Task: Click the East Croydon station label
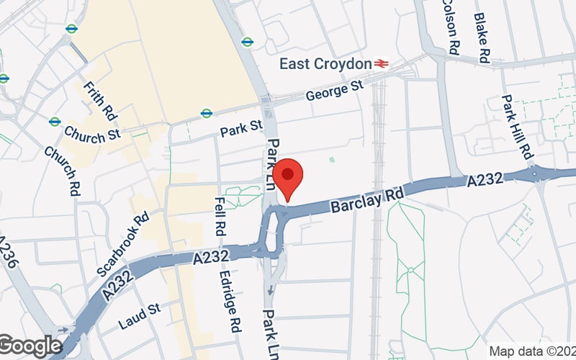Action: click(x=325, y=64)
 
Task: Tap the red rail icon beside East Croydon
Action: click(x=381, y=63)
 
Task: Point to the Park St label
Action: click(x=241, y=129)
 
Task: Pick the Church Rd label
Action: click(x=61, y=171)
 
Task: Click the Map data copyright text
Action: click(x=532, y=351)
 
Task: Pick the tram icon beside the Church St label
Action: click(x=55, y=122)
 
